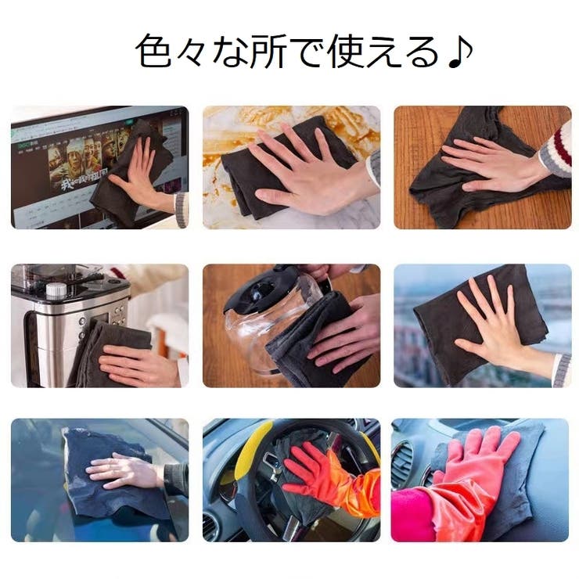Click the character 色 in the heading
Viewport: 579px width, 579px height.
[x=153, y=52]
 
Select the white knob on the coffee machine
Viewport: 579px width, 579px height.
[x=56, y=291]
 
